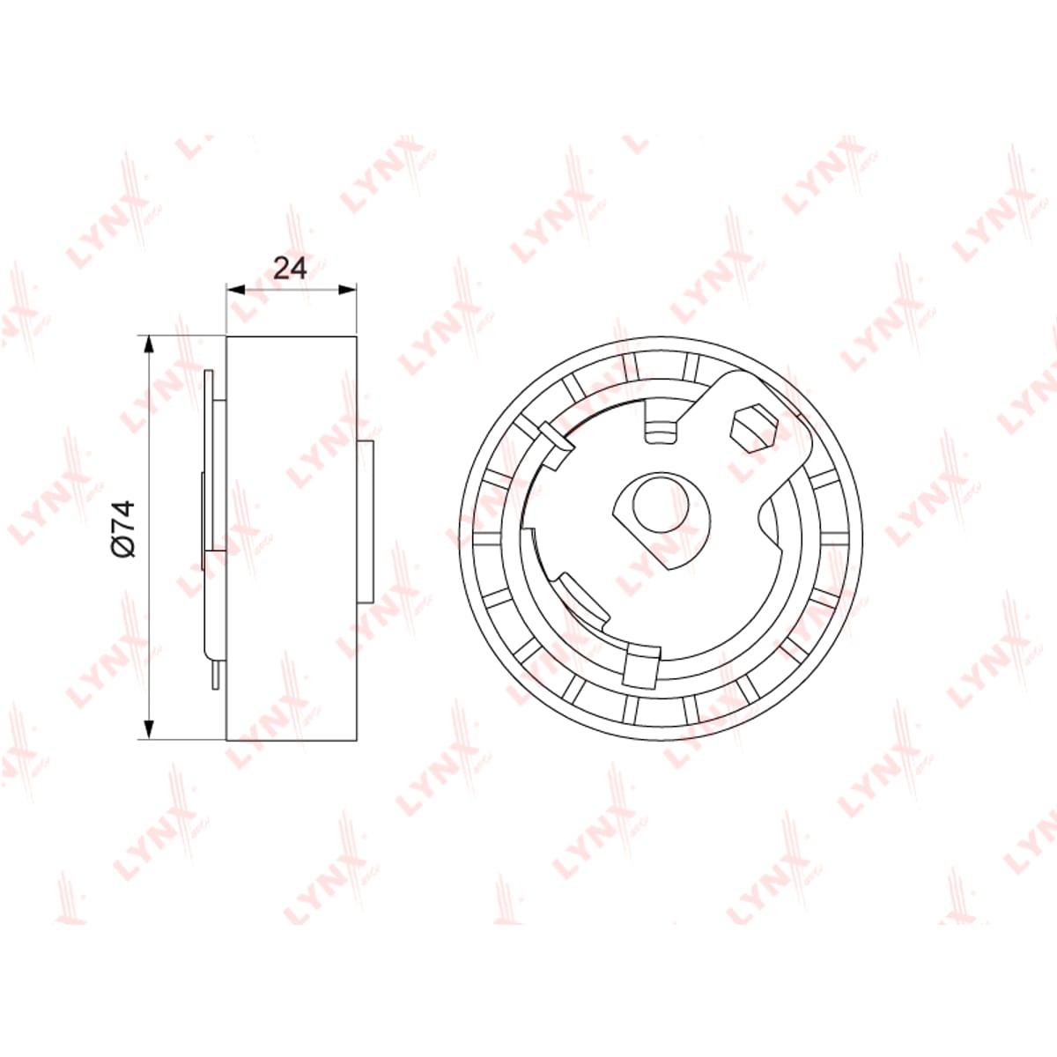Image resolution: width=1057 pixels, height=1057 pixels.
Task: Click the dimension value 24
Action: pos(290,268)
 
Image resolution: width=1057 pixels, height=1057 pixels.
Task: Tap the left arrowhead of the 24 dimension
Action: pos(235,289)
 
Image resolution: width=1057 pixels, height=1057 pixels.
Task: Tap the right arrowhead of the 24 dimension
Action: pos(348,289)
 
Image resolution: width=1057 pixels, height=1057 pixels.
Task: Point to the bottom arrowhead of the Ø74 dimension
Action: pos(148,730)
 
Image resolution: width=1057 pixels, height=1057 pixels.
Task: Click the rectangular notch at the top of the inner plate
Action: pos(661,423)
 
